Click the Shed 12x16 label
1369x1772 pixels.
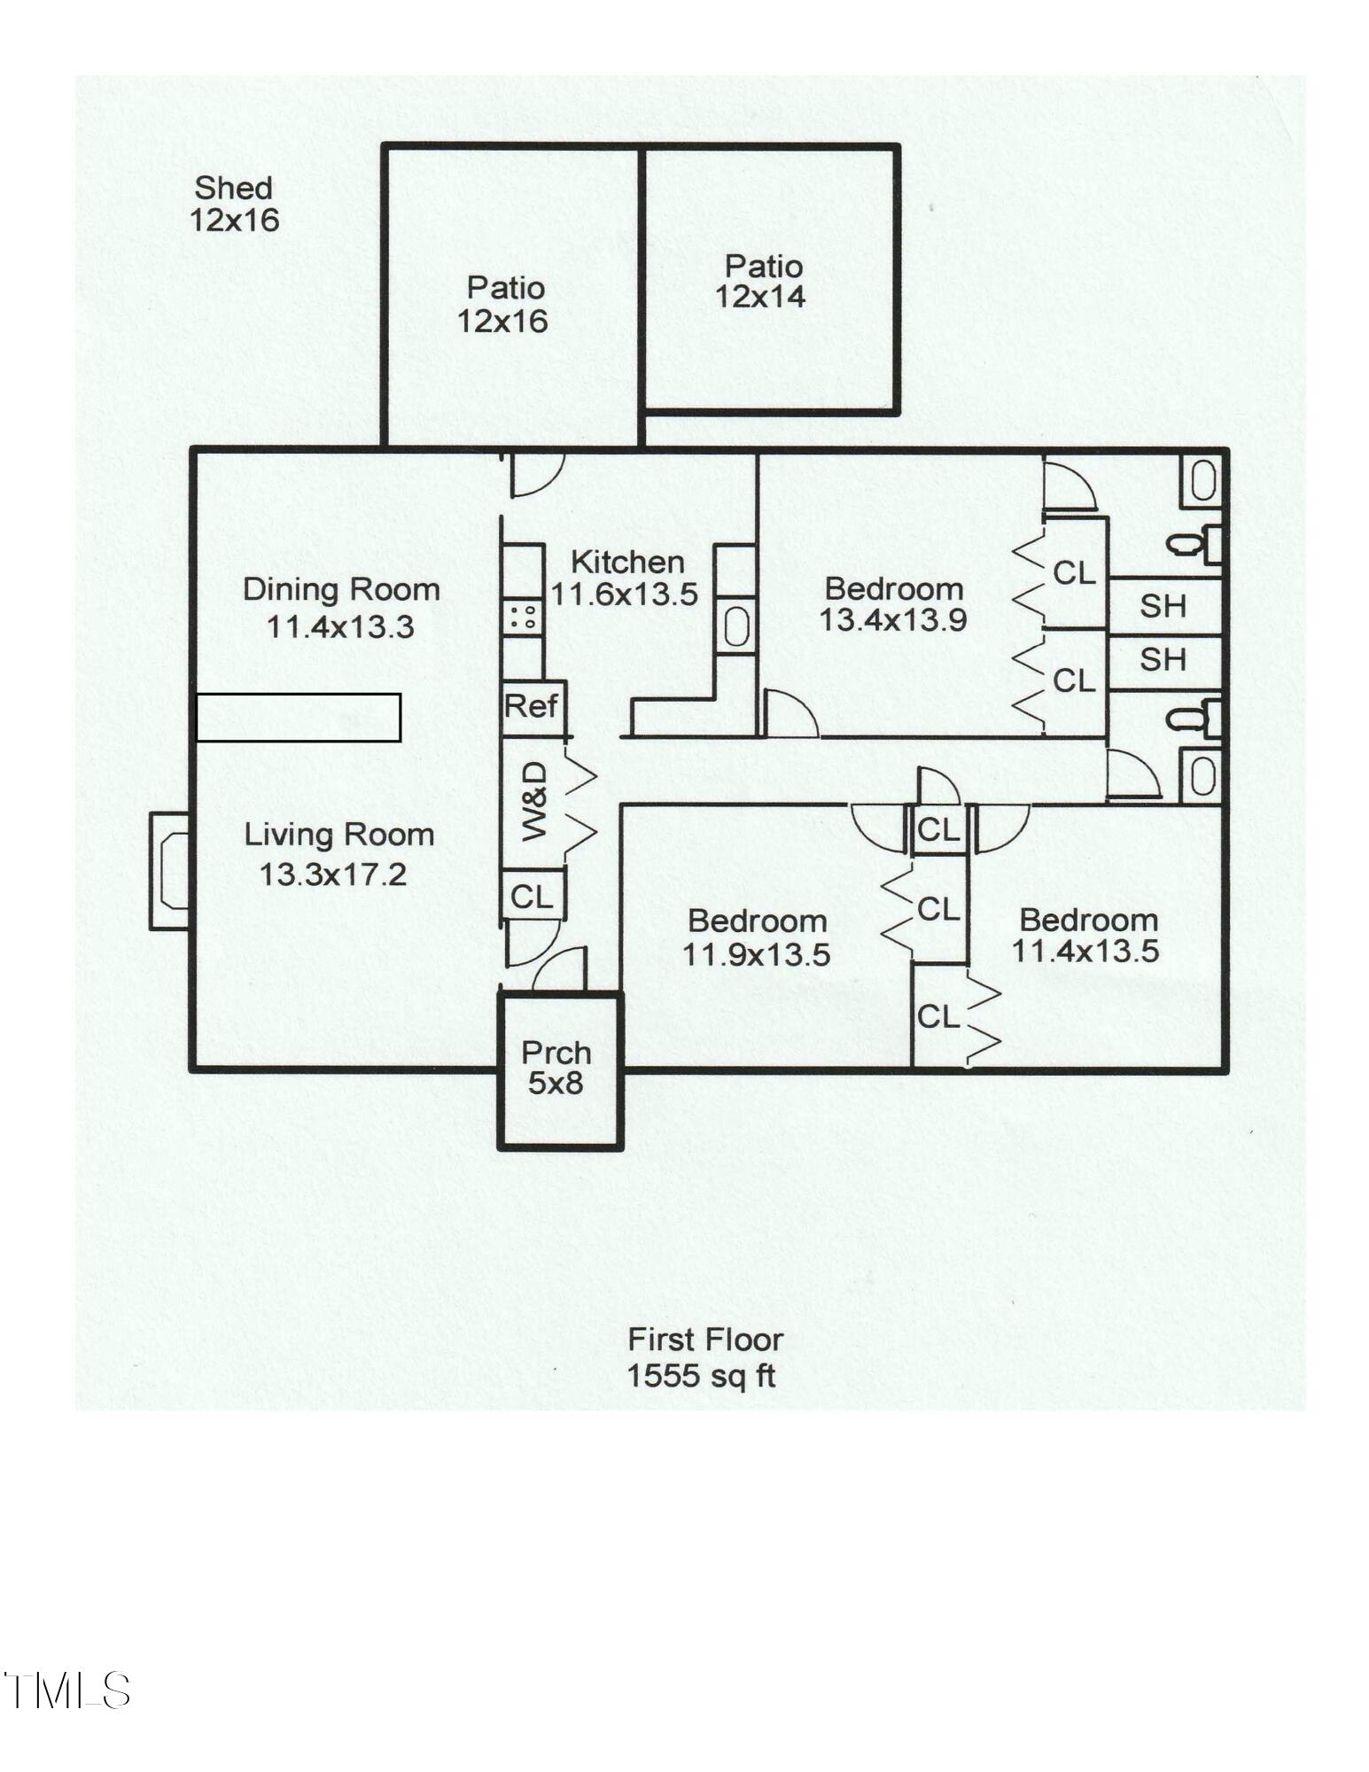tap(234, 204)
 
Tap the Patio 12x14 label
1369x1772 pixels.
tap(761, 282)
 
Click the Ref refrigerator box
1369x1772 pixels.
tap(531, 706)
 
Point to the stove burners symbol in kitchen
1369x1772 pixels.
tap(522, 616)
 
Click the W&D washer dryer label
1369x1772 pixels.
tap(534, 803)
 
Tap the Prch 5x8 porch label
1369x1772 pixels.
tap(556, 1067)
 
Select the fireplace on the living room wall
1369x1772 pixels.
tap(170, 871)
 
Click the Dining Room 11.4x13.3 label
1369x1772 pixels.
tap(341, 608)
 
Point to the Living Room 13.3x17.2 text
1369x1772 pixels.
tap(338, 854)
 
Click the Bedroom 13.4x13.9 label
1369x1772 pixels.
tap(892, 604)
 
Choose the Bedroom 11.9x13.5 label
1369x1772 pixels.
tap(757, 937)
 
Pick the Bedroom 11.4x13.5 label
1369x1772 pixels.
tap(1086, 935)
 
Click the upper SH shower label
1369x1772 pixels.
tap(1162, 606)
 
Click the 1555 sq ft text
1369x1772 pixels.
tap(701, 1375)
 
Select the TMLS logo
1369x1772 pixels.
tap(66, 1690)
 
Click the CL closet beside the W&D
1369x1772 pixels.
tap(532, 897)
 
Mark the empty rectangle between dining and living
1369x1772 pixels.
tap(298, 717)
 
